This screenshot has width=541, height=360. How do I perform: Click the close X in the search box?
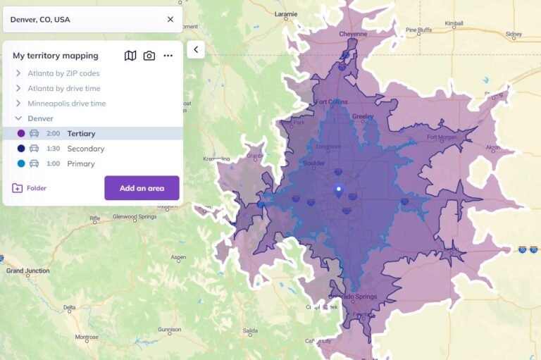click(170, 19)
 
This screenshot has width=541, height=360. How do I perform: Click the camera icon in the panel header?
click(149, 56)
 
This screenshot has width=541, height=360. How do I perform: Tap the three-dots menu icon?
click(168, 56)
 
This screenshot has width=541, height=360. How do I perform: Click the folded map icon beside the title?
click(130, 56)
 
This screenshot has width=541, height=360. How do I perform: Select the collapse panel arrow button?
click(195, 49)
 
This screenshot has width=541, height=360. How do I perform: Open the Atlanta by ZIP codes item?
click(63, 73)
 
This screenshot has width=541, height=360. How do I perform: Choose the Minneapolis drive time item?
click(66, 104)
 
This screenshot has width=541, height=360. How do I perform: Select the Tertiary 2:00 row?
click(81, 133)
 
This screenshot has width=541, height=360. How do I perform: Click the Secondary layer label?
click(85, 149)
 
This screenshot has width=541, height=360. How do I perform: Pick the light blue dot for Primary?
click(20, 163)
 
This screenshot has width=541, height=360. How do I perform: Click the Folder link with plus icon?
click(29, 188)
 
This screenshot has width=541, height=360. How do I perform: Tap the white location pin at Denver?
click(338, 190)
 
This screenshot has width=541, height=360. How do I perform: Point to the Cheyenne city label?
click(353, 34)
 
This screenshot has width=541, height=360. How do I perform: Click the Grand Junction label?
click(25, 271)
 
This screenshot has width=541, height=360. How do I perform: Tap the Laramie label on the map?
click(286, 13)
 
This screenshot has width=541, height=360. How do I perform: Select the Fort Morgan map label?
click(442, 137)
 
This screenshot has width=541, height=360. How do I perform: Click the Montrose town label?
click(87, 337)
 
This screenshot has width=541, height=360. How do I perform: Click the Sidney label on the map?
click(514, 34)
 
